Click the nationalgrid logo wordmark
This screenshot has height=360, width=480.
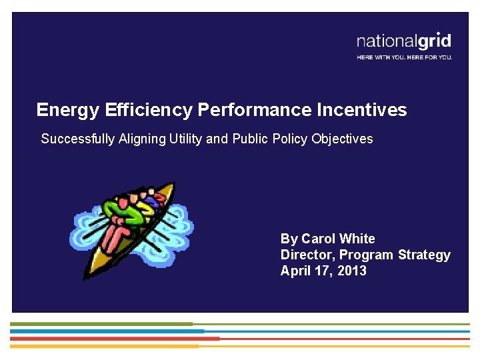tap(404, 41)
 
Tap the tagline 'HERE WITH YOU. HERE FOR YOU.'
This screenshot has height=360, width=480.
tap(404, 57)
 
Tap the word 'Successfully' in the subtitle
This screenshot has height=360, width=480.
tap(78, 139)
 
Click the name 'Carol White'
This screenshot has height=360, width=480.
tap(338, 239)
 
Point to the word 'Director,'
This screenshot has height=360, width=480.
tap(307, 255)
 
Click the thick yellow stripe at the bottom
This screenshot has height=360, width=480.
tap(104, 346)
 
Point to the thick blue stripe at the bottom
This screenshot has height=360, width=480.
tap(107, 331)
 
